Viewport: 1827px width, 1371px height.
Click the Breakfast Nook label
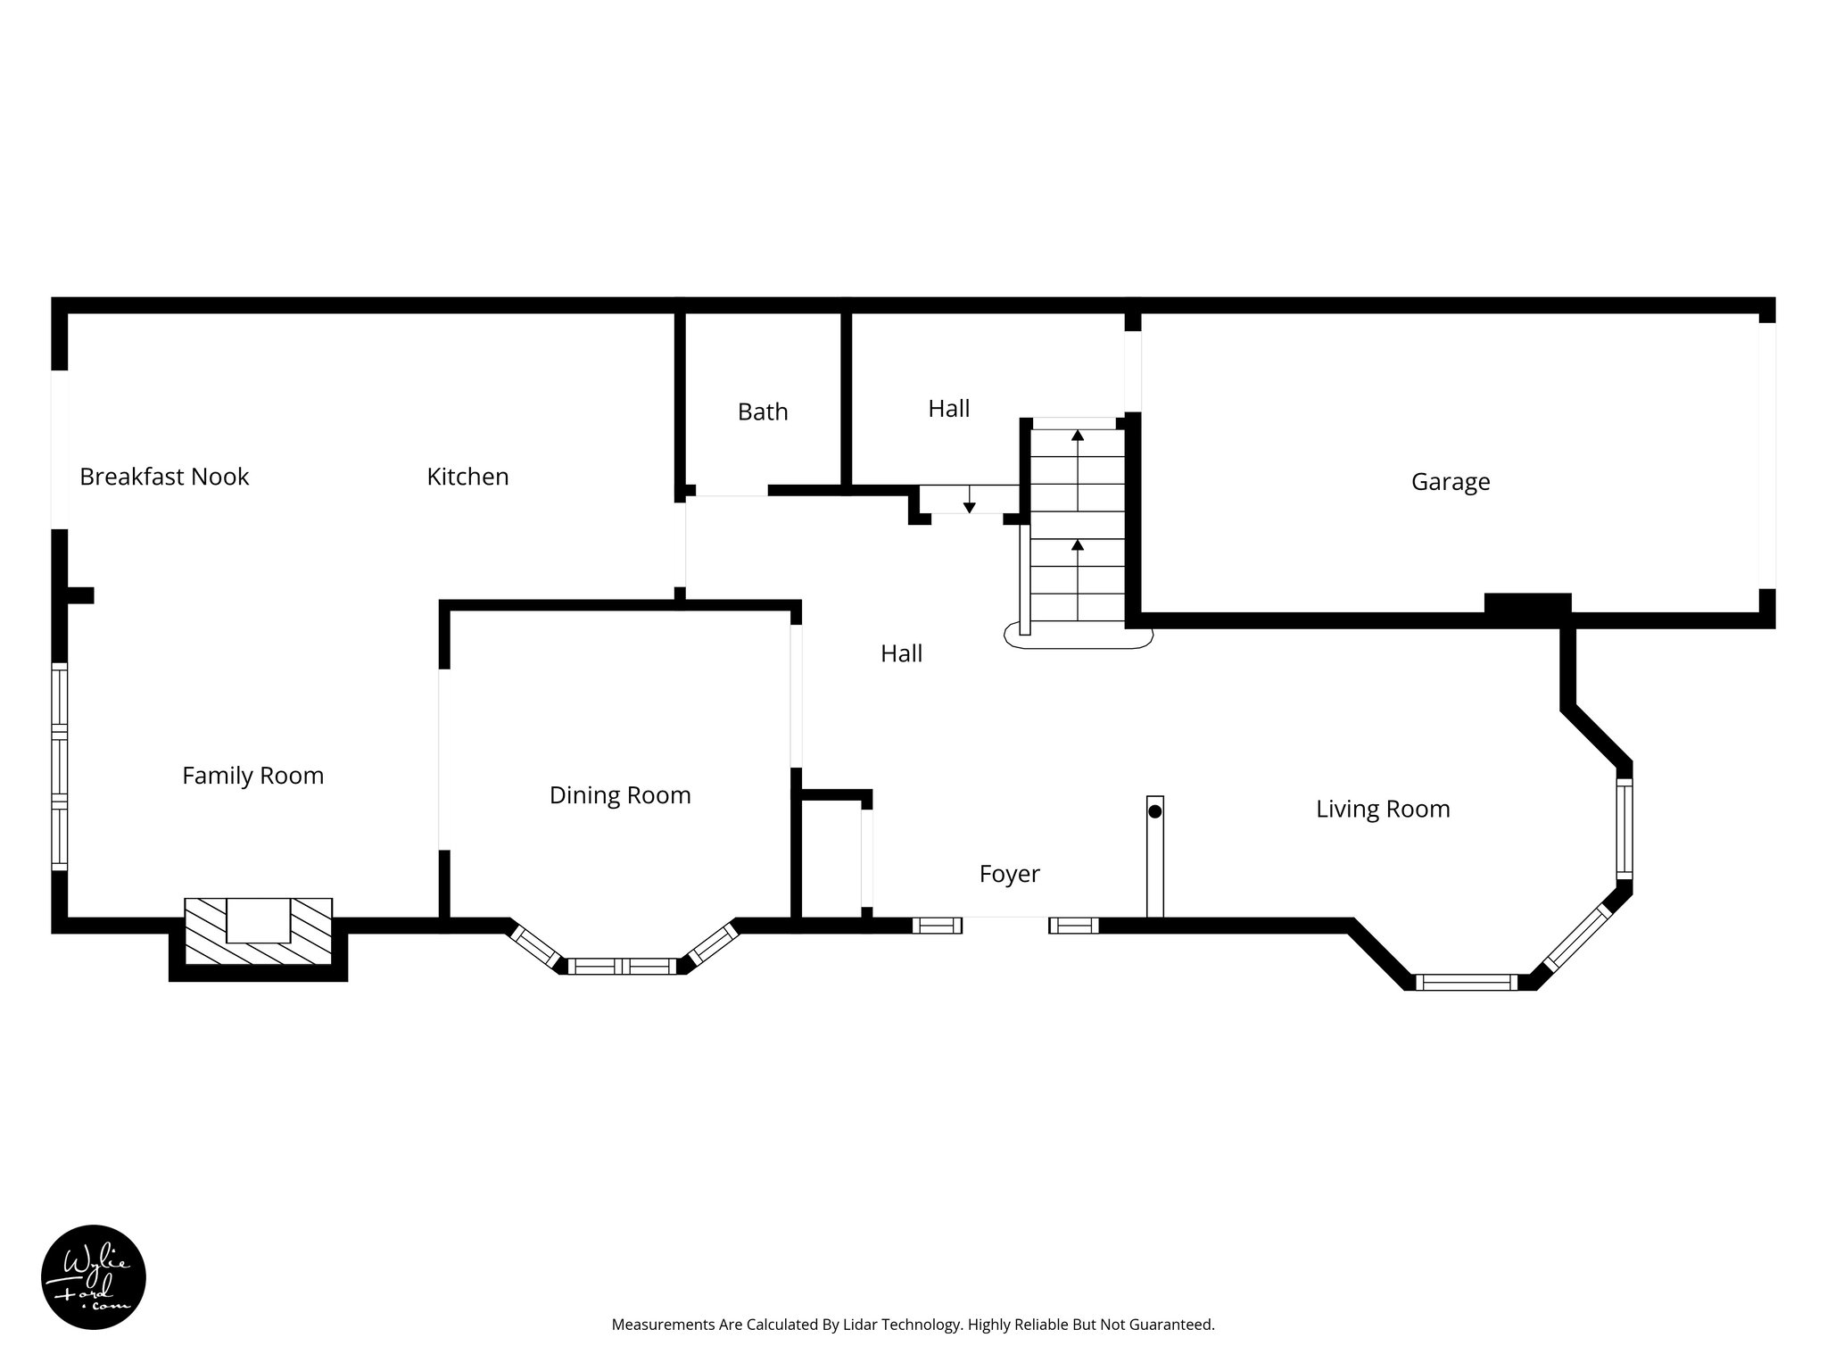(164, 477)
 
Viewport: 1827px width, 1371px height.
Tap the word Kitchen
(467, 477)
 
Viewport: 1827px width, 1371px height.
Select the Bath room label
(763, 411)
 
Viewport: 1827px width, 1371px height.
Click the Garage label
(1451, 482)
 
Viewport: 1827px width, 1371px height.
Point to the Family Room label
(252, 776)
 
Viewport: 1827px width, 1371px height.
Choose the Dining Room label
(620, 795)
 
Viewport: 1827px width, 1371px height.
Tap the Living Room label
(1383, 810)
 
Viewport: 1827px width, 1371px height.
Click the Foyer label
(1009, 874)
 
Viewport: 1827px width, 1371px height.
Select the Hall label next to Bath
(948, 409)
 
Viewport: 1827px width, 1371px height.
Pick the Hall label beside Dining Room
(901, 654)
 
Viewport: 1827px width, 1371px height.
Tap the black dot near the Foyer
(1154, 812)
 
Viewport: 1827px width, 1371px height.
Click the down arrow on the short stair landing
(969, 508)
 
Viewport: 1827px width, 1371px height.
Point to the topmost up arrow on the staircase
(1078, 435)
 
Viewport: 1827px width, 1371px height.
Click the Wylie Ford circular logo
(94, 1276)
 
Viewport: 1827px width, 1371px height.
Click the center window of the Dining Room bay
(622, 966)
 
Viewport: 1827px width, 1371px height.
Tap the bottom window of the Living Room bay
(1465, 983)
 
